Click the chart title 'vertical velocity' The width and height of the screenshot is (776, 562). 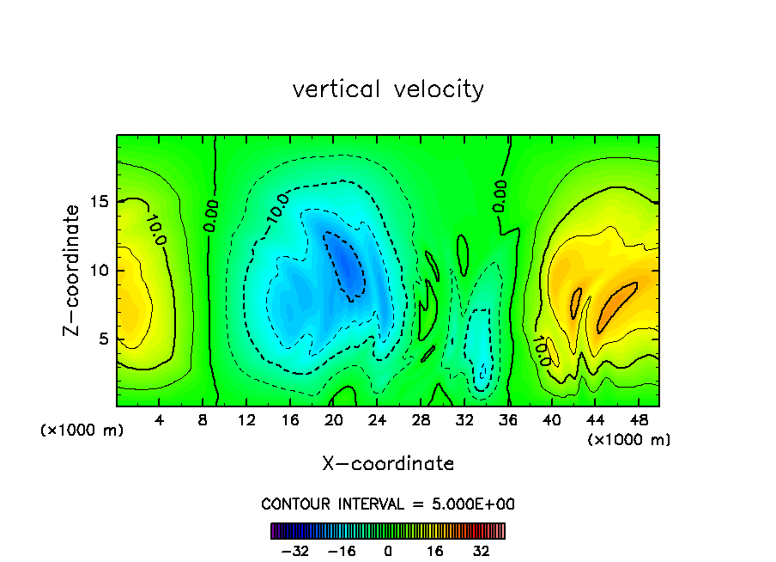(388, 89)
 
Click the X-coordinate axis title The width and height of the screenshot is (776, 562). (388, 464)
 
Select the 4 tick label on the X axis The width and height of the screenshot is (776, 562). (160, 420)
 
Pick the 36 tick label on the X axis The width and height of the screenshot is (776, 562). (508, 420)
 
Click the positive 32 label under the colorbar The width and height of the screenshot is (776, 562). (481, 551)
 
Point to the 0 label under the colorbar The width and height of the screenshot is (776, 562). (388, 551)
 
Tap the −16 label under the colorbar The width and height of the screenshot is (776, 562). (342, 551)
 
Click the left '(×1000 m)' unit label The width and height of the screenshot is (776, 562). (82, 431)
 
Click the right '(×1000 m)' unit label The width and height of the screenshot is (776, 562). (628, 440)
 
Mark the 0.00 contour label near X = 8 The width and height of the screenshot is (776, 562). (211, 216)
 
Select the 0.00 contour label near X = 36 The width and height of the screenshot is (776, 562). (500, 196)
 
